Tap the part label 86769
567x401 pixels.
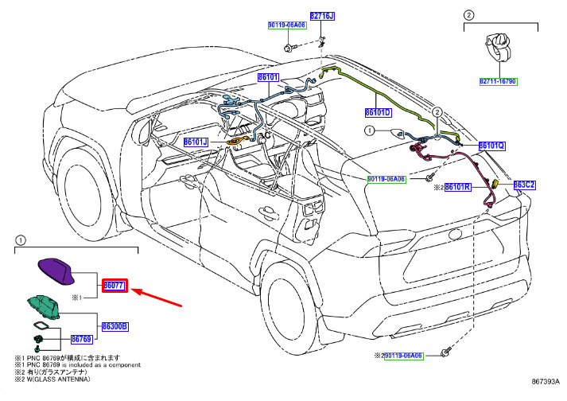(x=81, y=338)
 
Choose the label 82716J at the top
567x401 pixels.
(x=322, y=15)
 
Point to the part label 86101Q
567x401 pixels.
(x=492, y=146)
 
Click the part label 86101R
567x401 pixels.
(x=458, y=188)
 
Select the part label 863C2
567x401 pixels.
(x=523, y=185)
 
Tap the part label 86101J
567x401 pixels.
(x=195, y=142)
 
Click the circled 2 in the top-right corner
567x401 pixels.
(x=469, y=14)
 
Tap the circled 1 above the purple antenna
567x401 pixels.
(x=20, y=239)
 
